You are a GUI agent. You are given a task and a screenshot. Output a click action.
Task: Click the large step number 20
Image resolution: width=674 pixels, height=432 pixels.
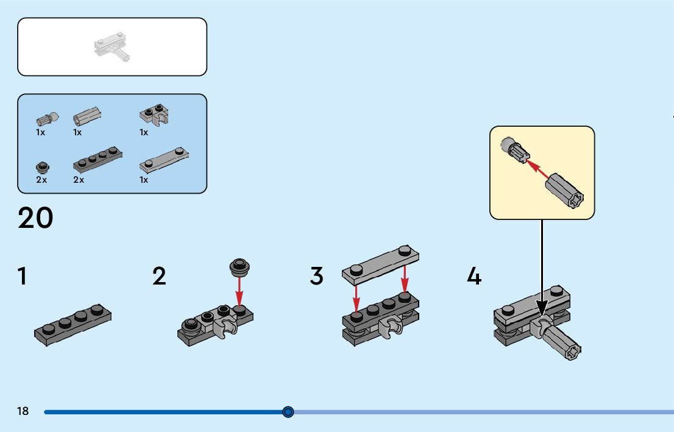36,218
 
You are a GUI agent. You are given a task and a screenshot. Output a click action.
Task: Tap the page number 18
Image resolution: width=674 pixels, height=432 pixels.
23,411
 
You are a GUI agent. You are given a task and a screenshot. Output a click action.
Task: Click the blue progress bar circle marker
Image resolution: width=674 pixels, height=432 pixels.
288,413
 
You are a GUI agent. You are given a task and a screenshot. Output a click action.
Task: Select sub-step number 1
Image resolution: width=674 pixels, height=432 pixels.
23,276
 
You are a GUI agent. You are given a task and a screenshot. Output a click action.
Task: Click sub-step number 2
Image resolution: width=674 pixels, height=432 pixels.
159,276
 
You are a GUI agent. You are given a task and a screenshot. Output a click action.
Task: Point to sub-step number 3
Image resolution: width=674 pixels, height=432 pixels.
316,276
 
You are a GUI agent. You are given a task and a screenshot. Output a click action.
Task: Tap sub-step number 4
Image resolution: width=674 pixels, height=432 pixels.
474,276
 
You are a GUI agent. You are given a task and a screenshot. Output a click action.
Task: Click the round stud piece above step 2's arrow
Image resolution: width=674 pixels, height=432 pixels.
239,267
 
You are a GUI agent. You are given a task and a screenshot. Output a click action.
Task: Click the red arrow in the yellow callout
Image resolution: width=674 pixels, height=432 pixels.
537,169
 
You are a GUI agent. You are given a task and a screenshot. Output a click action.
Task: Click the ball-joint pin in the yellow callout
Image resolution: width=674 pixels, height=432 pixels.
515,150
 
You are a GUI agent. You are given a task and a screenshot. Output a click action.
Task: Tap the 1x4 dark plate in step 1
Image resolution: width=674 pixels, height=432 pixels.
73,325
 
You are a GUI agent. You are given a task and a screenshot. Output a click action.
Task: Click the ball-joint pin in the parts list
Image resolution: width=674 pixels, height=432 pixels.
48,119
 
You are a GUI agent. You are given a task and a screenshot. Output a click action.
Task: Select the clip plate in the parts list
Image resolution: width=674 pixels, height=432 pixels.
154,115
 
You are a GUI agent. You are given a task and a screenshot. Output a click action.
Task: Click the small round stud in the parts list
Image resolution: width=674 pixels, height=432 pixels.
43,167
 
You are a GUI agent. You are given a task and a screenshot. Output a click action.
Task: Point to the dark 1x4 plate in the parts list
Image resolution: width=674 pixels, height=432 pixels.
98,160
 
